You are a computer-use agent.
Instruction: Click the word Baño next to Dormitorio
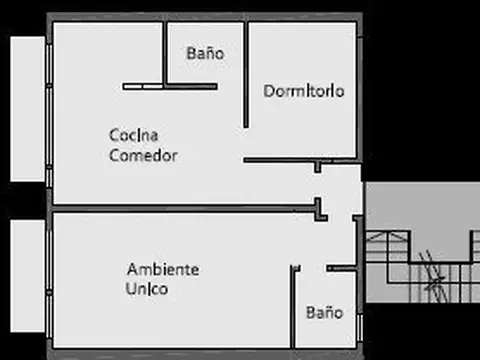(205, 54)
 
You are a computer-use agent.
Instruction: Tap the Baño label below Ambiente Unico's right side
(325, 311)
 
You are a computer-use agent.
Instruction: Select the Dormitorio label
(305, 91)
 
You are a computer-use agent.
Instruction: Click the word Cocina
(135, 134)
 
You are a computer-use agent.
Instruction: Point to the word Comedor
(143, 156)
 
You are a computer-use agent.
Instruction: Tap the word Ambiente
(163, 270)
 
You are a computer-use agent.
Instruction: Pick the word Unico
(147, 290)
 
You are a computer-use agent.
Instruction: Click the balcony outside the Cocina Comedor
(26, 110)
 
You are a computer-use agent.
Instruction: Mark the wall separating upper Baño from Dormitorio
(246, 75)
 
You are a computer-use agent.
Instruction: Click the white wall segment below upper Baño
(170, 87)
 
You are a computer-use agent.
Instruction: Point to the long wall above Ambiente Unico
(185, 210)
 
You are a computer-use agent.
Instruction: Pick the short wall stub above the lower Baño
(341, 268)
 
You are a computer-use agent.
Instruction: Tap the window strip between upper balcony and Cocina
(49, 110)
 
